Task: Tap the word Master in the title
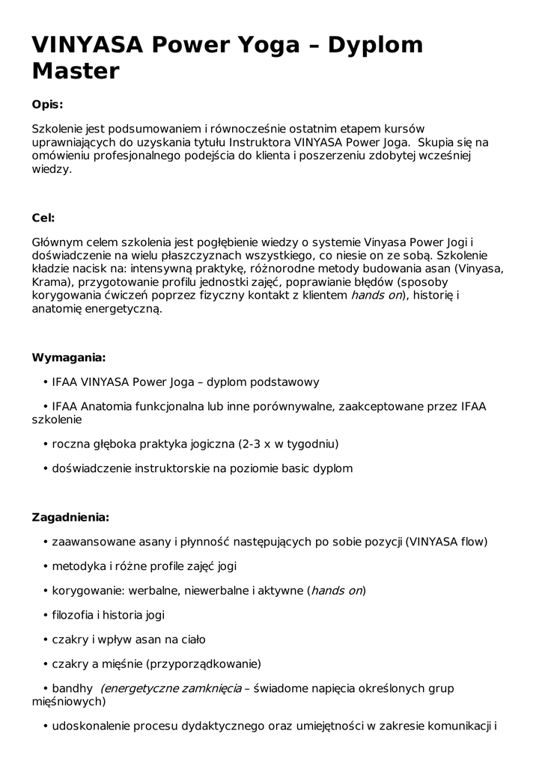click(76, 72)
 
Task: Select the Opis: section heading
click(47, 104)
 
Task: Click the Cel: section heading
click(43, 218)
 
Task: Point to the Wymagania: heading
click(68, 357)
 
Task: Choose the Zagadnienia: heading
click(70, 517)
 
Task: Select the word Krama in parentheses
click(49, 282)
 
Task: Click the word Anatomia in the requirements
click(110, 407)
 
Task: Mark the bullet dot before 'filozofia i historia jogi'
click(46, 616)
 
